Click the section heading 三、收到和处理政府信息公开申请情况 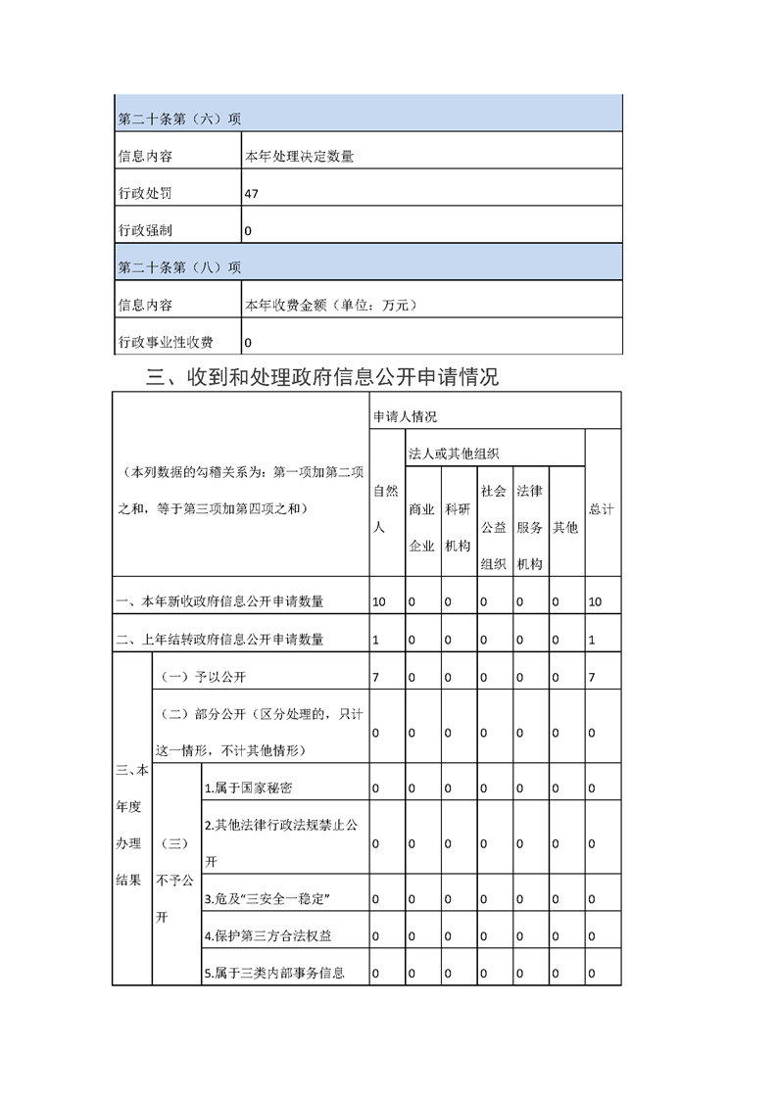322,377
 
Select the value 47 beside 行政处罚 252,194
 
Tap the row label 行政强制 144,230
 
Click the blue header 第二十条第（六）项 179,119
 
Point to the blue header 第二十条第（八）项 179,267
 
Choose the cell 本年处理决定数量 299,157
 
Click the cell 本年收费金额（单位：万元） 331,306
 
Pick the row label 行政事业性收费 165,342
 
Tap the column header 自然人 385,509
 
